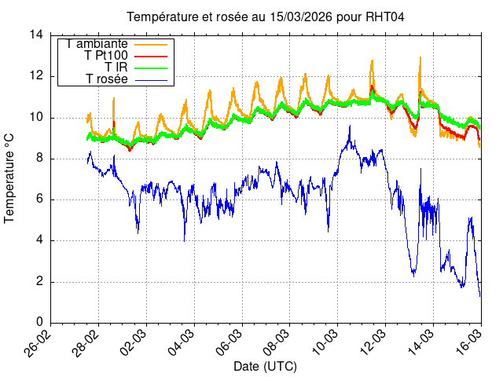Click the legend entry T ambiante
tap(97, 44)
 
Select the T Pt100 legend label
tap(106, 56)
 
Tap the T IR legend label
tap(116, 68)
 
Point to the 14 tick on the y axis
tap(36, 35)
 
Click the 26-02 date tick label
tap(42, 342)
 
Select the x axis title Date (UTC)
tap(265, 367)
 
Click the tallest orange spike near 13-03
tap(420, 57)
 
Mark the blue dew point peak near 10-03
tap(350, 126)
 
